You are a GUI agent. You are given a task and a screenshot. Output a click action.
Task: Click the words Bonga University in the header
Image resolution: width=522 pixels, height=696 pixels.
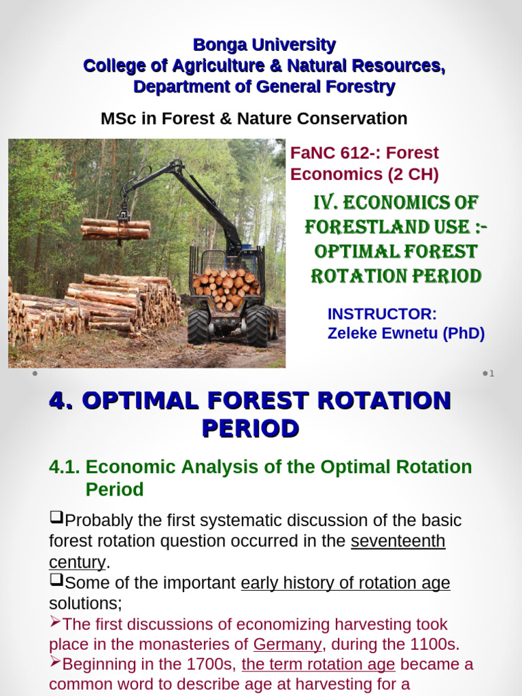tap(264, 46)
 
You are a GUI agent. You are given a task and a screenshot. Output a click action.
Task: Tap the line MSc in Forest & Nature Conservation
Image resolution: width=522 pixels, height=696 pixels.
tap(254, 118)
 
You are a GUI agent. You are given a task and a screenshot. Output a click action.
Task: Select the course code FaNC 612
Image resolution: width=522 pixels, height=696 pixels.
tap(325, 153)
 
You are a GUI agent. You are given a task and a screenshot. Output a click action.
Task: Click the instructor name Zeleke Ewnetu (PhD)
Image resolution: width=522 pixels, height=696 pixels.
tap(406, 334)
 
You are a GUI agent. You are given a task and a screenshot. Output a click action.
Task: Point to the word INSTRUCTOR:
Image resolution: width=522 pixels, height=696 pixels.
tap(382, 314)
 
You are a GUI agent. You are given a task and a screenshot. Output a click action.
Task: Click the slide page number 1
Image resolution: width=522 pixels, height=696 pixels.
tap(491, 373)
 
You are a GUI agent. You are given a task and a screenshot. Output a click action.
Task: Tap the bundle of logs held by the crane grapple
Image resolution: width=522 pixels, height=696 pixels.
tap(116, 228)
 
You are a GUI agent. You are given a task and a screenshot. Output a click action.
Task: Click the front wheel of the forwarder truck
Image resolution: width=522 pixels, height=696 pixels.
tap(199, 327)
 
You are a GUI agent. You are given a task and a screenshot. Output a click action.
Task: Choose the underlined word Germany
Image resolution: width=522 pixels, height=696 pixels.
tap(288, 644)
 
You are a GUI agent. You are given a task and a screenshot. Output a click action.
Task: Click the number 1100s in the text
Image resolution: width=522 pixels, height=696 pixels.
tap(433, 644)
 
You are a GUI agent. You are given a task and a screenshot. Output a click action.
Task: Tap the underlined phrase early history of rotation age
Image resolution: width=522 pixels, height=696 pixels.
tap(345, 583)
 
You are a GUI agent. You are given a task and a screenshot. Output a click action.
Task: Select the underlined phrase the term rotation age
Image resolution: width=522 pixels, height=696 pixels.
tap(318, 664)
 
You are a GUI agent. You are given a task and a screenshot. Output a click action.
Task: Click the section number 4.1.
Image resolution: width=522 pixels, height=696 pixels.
tap(65, 467)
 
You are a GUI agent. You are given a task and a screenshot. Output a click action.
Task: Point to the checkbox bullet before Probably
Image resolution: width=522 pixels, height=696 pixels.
tap(56, 519)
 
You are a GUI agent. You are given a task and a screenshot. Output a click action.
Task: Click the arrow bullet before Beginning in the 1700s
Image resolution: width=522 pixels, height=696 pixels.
tap(55, 663)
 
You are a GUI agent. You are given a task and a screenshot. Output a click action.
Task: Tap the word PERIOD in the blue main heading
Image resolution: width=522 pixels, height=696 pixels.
tap(250, 428)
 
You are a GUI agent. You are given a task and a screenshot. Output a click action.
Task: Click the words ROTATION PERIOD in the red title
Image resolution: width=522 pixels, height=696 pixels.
tap(396, 276)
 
